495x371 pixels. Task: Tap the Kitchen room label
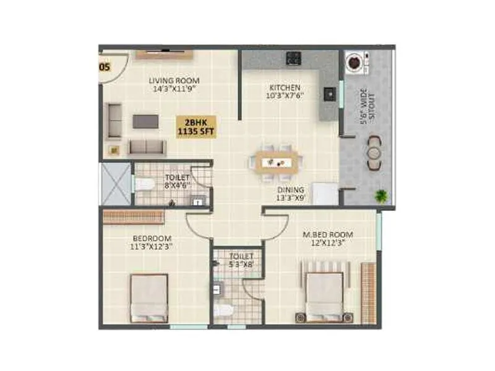[285, 92]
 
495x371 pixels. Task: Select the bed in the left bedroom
[149, 297]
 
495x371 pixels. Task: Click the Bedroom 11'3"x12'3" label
[152, 242]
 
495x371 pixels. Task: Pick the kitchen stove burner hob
[293, 59]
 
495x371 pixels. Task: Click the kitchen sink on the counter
[329, 93]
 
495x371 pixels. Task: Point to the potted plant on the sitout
[381, 197]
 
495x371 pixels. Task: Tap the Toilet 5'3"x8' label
[241, 260]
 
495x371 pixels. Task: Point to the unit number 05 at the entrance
[105, 67]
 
